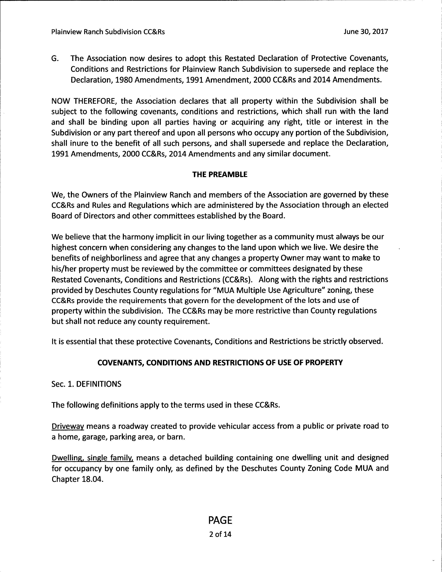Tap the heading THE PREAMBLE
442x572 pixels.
[220, 175]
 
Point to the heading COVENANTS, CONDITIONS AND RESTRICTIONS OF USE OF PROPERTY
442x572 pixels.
[220, 362]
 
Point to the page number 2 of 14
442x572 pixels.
[220, 534]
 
